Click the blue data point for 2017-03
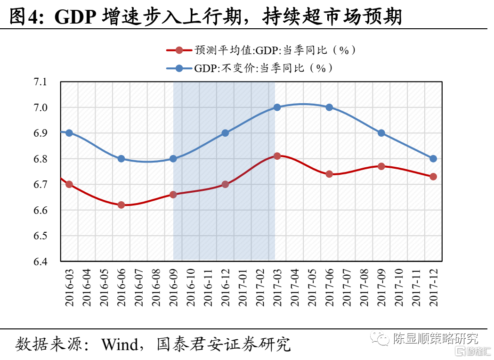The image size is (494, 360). pos(277,107)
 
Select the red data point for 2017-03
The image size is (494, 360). pos(277,156)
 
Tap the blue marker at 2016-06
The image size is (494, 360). pos(121,159)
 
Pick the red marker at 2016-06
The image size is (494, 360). pos(121,205)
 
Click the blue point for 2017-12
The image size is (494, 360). pos(433,159)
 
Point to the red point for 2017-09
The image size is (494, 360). pos(381,166)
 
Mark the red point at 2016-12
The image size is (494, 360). pos(225,184)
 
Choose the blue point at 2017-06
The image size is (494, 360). pos(329,107)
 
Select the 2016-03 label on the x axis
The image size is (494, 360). pos(69,287)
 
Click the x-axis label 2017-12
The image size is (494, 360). pos(433,287)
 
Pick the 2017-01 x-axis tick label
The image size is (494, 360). pos(243,287)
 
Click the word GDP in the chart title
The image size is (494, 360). pos(75,17)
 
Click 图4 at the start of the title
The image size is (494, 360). pos(24,17)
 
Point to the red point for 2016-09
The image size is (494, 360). pos(173,194)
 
